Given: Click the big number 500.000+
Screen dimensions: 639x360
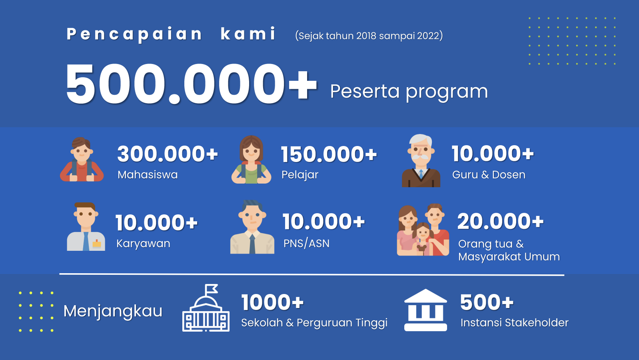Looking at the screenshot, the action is [192, 84].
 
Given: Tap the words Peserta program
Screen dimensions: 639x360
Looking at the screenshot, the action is [409, 92].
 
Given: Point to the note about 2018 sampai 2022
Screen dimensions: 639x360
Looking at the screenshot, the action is [369, 36].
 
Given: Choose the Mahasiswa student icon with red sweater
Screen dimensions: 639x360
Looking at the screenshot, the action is [82, 159].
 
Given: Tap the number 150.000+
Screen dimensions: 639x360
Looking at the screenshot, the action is [329, 154].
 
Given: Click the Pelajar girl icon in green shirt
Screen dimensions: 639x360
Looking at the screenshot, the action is [251, 160].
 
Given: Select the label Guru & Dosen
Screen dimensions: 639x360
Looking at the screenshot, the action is [489, 174].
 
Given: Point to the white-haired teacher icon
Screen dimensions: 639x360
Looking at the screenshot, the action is [421, 161].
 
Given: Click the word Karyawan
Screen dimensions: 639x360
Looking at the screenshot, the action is [143, 244].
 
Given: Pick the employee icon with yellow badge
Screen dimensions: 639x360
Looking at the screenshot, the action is [86, 227].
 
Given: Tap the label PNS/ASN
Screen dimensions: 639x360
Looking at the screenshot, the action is [306, 243].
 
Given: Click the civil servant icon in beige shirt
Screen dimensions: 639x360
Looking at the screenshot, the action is [252, 227].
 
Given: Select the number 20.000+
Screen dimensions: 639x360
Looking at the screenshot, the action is [501, 221].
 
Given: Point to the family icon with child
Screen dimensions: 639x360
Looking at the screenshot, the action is [423, 230].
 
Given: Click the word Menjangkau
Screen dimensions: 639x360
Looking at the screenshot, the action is [113, 311].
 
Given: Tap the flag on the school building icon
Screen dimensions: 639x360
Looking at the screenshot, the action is [212, 289].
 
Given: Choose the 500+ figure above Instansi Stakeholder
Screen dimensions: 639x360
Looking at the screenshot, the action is [487, 302].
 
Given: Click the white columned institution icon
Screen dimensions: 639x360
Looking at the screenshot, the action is [425, 310].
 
